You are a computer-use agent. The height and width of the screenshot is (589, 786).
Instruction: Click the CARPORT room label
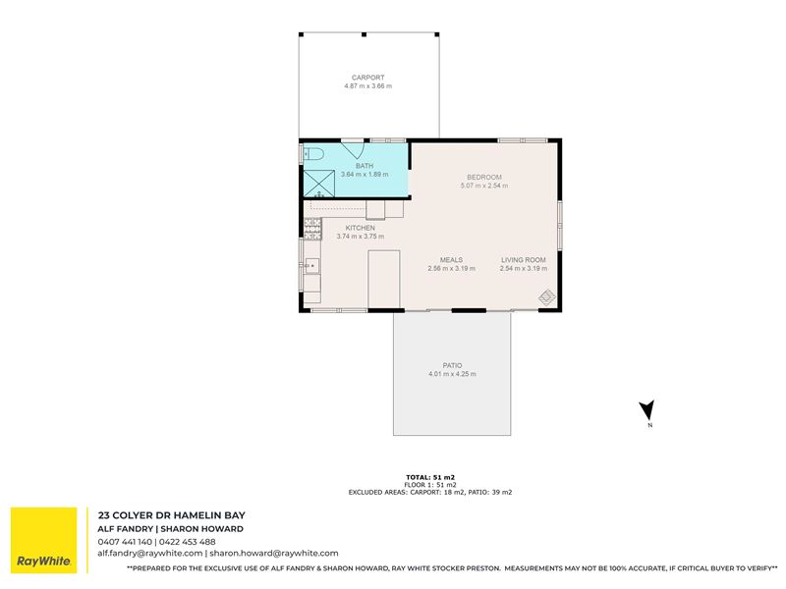click(x=367, y=78)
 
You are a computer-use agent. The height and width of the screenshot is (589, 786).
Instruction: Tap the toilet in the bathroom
click(x=313, y=154)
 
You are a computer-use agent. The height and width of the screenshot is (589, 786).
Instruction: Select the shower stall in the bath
click(x=318, y=184)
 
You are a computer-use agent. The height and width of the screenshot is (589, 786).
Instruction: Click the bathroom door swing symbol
click(x=353, y=151)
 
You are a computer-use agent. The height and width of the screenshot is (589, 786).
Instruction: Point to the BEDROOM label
click(x=484, y=177)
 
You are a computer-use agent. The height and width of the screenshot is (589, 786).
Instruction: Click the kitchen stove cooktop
click(x=312, y=229)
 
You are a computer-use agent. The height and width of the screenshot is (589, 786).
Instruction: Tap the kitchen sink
click(x=311, y=265)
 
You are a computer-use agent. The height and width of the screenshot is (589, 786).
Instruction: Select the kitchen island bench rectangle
click(x=384, y=280)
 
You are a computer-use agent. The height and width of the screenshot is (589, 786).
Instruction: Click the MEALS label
click(x=451, y=260)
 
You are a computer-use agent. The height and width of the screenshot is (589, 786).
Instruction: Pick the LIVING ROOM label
click(x=524, y=260)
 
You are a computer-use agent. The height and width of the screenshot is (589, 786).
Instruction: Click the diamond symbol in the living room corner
click(x=547, y=297)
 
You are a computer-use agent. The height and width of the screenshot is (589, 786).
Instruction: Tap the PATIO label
click(x=452, y=365)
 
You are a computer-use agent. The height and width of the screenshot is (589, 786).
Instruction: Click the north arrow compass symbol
click(x=647, y=409)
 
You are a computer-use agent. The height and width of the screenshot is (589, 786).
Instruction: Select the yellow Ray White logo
click(x=44, y=540)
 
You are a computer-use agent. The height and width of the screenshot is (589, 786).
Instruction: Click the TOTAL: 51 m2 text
click(x=430, y=477)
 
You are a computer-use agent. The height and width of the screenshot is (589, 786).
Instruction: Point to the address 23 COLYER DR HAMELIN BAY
click(x=171, y=514)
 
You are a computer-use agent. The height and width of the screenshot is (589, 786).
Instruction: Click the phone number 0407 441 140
click(x=125, y=542)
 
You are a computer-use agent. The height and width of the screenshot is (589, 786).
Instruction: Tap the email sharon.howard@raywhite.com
click(x=274, y=554)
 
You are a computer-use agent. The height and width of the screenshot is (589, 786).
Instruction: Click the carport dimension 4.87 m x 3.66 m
click(x=367, y=86)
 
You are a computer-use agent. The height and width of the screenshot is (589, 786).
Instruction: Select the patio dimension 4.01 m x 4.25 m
click(x=452, y=374)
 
